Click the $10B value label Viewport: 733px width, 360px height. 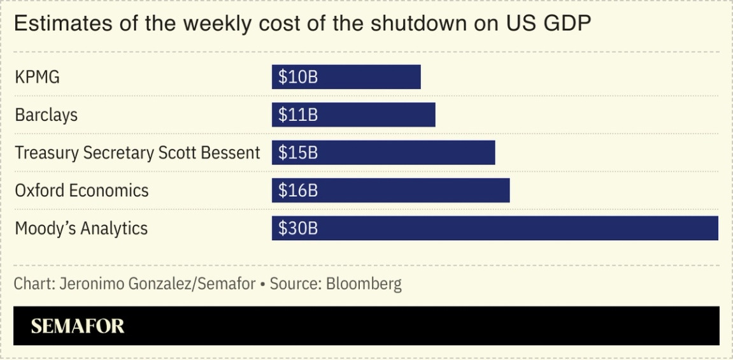point(298,77)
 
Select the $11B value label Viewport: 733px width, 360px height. point(298,115)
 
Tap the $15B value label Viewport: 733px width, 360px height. point(298,153)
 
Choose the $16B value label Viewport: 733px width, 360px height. point(298,191)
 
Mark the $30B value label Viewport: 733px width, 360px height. point(298,228)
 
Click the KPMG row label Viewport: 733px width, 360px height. point(37,78)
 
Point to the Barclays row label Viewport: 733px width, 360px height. point(46,115)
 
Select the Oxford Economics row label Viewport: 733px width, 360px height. point(82,191)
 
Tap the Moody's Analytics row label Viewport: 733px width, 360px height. point(81,229)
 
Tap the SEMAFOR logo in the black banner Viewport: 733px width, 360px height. point(78,326)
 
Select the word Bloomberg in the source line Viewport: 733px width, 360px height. point(364,284)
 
